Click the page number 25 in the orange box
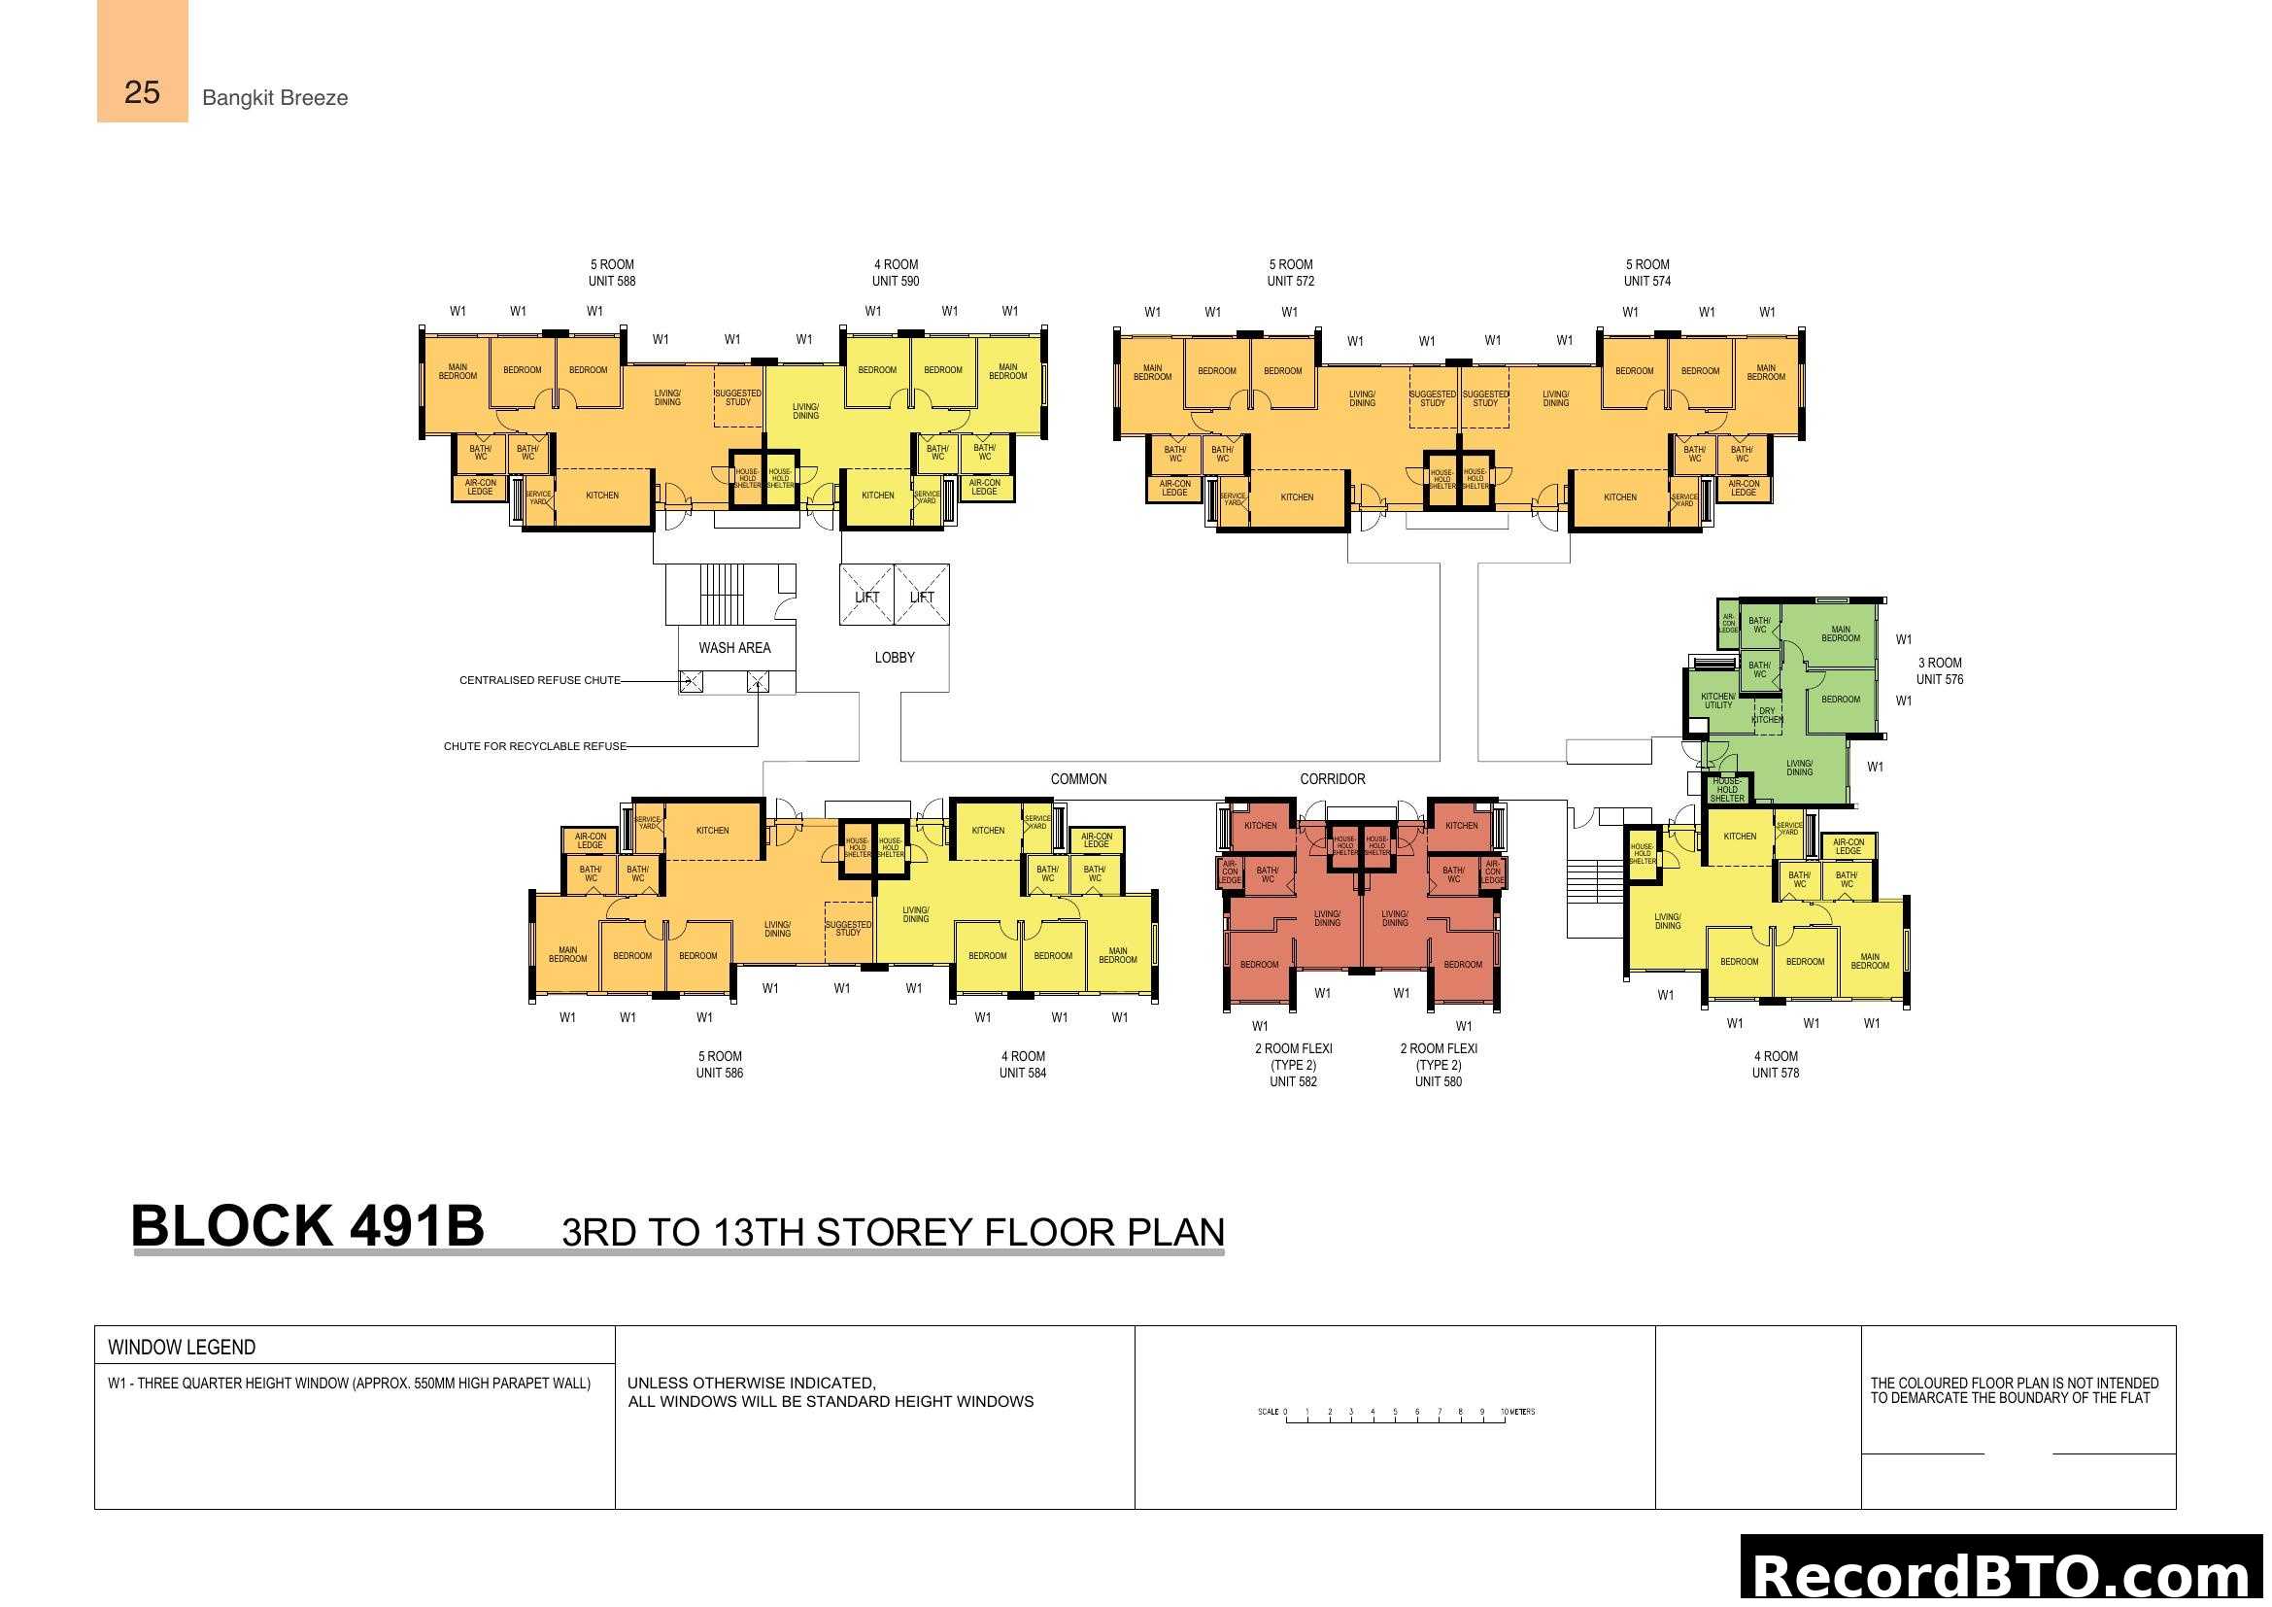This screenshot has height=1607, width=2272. pos(142,92)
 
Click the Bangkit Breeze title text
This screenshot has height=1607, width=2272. pos(274,97)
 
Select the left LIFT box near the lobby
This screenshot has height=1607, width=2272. pos(865,597)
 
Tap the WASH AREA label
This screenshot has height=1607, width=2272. pos(733,647)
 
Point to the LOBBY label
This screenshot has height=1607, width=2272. pos(894,657)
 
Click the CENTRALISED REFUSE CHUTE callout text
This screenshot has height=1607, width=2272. pos(539,680)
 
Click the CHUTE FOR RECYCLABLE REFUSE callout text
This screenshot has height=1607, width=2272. pos(534,746)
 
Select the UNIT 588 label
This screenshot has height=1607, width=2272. pos(612,281)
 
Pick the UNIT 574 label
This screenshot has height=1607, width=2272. pos(1646,281)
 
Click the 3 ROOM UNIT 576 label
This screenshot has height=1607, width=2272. pos(1939,671)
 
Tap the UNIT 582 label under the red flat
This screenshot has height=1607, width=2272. pos(1292,1081)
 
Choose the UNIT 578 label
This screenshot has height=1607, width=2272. pos(1776,1073)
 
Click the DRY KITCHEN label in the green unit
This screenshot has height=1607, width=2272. pos(1766,714)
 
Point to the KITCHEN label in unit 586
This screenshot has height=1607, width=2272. pos(711,830)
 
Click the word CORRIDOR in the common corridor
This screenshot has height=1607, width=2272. pos(1332,779)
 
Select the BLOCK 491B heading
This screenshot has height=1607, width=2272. pos(308,1226)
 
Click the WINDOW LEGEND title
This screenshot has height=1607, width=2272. pos(181,1347)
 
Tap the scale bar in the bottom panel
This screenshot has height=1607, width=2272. pos(1395,1414)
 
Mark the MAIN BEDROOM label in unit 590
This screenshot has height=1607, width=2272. pos(1007,371)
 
